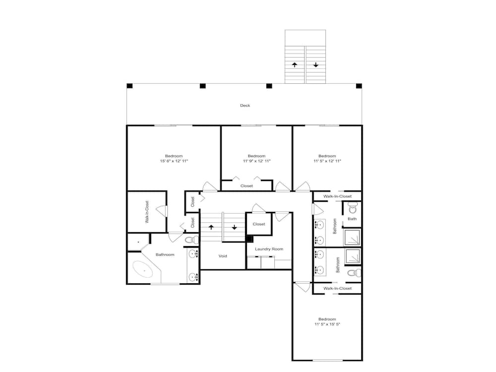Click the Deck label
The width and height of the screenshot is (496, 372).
tap(245, 105)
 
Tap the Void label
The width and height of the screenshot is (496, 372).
tap(223, 256)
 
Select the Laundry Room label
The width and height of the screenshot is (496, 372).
tap(269, 249)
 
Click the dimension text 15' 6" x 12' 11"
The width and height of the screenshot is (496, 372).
tap(174, 161)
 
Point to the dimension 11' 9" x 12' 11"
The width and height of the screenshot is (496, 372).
tap(256, 161)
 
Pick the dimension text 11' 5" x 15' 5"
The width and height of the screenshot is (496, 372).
tap(327, 324)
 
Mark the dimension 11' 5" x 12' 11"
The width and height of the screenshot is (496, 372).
tap(327, 161)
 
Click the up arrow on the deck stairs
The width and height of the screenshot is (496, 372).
tap(295, 65)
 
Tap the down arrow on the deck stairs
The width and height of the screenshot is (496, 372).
tap(315, 65)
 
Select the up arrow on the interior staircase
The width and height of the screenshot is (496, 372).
tap(211, 227)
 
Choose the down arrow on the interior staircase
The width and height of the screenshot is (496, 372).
tap(234, 227)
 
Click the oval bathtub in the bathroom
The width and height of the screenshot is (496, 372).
tap(143, 269)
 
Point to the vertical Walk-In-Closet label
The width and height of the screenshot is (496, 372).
tap(147, 212)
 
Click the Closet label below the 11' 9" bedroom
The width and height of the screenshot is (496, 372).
tap(247, 186)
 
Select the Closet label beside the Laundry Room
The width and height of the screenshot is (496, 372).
tap(259, 224)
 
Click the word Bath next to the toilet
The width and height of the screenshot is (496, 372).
tap(352, 219)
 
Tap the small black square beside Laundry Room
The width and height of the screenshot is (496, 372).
tap(249, 239)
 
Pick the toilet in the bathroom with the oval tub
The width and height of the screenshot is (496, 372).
tap(191, 240)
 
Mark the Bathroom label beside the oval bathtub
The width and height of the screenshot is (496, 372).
tap(165, 254)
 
